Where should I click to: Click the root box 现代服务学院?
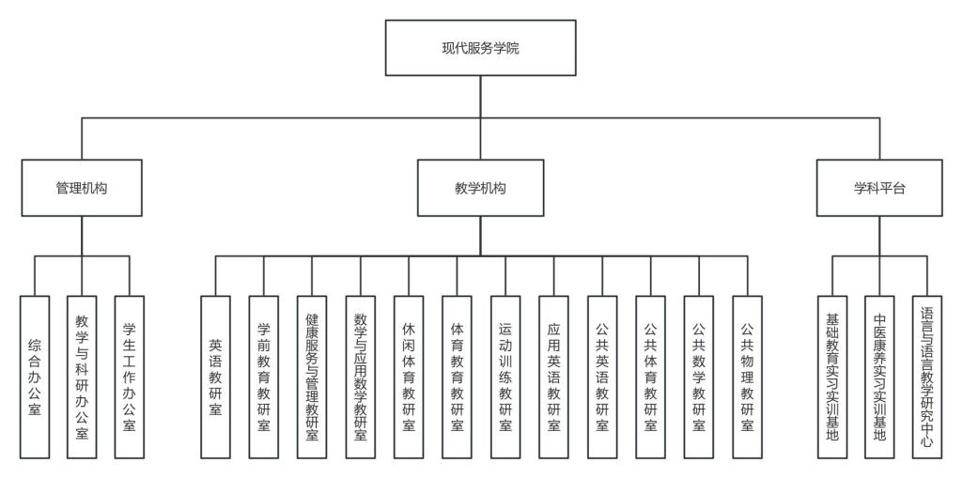tap(480, 48)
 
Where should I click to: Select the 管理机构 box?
tap(81, 188)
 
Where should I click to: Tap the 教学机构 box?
tap(480, 188)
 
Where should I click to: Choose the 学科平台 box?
tap(879, 188)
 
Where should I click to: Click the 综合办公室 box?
tap(35, 377)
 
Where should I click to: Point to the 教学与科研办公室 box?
tap(82, 377)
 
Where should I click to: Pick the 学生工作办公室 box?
tap(130, 377)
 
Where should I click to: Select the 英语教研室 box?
tap(215, 377)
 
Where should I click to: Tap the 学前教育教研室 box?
tap(264, 377)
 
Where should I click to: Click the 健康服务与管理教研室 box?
tap(312, 377)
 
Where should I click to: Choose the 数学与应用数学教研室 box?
tap(361, 377)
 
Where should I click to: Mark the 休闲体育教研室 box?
tap(409, 377)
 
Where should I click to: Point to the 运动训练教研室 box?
tap(505, 377)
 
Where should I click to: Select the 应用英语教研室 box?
tap(554, 377)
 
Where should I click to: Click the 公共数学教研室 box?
tap(699, 377)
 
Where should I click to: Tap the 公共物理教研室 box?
tap(747, 377)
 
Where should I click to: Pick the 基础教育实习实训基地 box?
tap(831, 377)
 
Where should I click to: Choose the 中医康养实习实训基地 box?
tap(879, 377)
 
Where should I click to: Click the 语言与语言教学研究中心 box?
tap(927, 377)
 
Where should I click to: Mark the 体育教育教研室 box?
tap(458, 377)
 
